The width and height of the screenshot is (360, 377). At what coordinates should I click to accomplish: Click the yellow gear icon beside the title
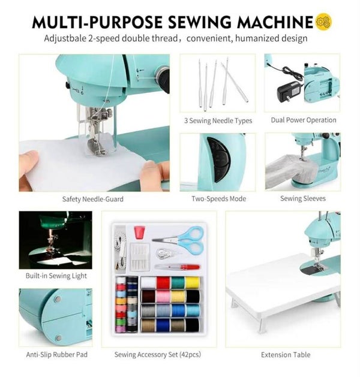[323, 22]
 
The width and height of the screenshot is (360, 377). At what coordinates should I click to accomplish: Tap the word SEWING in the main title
[199, 22]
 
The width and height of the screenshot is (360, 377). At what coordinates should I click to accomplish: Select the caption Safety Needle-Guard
[92, 199]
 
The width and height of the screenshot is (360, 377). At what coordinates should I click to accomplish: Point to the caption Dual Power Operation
[304, 120]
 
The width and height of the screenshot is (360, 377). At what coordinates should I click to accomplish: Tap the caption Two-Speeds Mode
[218, 198]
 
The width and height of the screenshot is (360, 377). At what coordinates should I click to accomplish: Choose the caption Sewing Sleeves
[303, 198]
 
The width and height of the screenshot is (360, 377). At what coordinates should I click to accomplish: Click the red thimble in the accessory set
[139, 233]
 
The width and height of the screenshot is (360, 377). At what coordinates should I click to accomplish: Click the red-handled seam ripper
[178, 267]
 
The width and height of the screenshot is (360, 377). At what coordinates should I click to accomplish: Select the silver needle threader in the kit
[166, 254]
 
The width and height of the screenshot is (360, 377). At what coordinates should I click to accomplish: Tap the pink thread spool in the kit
[163, 297]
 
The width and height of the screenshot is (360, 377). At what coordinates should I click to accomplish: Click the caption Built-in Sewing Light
[56, 276]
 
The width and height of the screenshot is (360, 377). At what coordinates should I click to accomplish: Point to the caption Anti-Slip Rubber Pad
[57, 355]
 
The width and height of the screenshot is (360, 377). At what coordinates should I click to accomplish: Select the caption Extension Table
[286, 355]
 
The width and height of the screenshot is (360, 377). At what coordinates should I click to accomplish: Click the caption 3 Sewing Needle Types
[218, 120]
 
